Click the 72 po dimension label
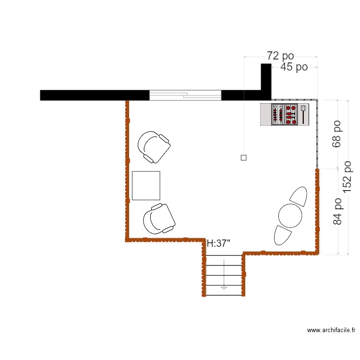280,56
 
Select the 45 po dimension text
294,67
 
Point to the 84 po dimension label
338,211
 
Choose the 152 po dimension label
348,177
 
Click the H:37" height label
218,244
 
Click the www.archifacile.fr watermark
331,330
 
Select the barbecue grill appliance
284,115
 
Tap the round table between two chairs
290,216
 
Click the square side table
146,185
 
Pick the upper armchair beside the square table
154,146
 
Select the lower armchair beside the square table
159,219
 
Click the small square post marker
243,157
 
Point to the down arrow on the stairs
223,288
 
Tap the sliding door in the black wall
185,95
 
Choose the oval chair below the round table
283,235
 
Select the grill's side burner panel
303,115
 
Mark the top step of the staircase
224,260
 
